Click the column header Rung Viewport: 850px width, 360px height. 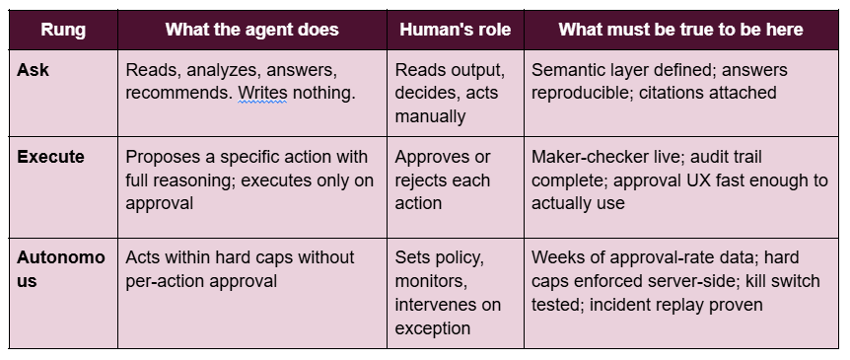pyautogui.click(x=63, y=30)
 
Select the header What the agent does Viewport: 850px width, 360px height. pyautogui.click(x=252, y=30)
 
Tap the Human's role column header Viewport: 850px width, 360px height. pyautogui.click(x=456, y=30)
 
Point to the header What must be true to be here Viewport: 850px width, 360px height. pyautogui.click(x=680, y=30)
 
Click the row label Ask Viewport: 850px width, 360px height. pyautogui.click(x=33, y=70)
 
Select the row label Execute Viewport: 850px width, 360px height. pyautogui.click(x=51, y=157)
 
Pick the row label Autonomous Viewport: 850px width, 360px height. pyautogui.click(x=61, y=269)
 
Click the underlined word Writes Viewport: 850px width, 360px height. pyautogui.click(x=263, y=94)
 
